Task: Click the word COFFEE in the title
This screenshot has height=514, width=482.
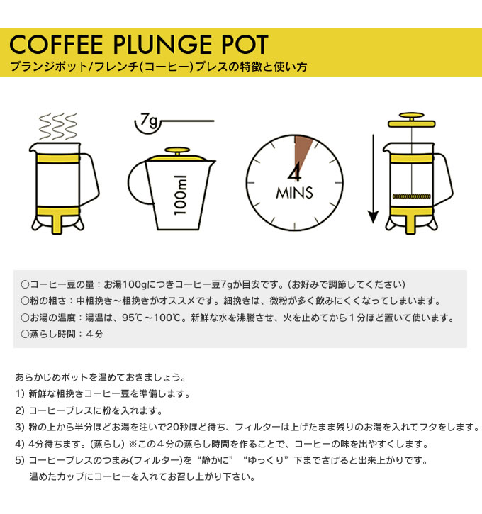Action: [x=56, y=44]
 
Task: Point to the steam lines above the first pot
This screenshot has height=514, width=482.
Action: [x=58, y=126]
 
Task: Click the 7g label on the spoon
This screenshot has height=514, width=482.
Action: [x=148, y=121]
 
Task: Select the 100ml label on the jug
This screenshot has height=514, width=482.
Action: [x=181, y=195]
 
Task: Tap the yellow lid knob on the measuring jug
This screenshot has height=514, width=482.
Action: [x=177, y=151]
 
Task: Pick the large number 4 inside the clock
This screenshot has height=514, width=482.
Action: [x=295, y=174]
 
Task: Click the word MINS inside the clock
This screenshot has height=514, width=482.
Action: [x=295, y=193]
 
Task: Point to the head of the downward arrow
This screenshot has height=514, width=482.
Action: [x=374, y=218]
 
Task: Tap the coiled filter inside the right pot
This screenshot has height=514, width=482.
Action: [x=412, y=196]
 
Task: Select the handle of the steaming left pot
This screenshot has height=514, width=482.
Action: [x=90, y=179]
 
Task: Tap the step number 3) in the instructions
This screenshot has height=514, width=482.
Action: [x=20, y=427]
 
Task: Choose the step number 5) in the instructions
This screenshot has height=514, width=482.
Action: [x=20, y=460]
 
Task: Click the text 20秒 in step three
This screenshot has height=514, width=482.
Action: [x=177, y=427]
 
